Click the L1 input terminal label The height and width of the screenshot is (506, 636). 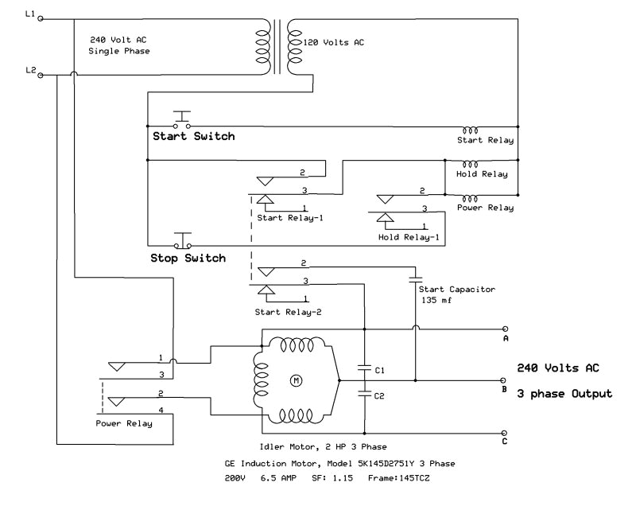pyautogui.click(x=30, y=14)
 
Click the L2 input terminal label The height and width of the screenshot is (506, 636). pyautogui.click(x=30, y=71)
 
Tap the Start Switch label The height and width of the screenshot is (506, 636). pyautogui.click(x=193, y=136)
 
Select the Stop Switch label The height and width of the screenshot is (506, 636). pyautogui.click(x=188, y=258)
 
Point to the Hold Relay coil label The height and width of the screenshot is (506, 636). pyautogui.click(x=482, y=173)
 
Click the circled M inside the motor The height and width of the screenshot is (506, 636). pyautogui.click(x=297, y=381)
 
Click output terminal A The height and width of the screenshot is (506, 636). pyautogui.click(x=505, y=328)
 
